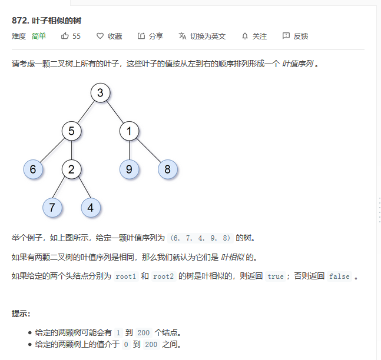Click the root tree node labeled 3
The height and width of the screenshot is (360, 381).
point(101,93)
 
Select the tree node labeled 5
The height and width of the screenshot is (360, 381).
point(71,131)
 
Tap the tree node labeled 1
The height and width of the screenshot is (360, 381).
point(129,131)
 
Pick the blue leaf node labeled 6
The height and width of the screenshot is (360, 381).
point(33,169)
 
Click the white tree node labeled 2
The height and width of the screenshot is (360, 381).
point(71,169)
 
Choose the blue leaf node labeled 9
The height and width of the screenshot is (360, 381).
point(129,169)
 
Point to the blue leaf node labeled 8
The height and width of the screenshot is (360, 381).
point(167,169)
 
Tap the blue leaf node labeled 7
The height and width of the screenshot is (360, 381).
point(52,207)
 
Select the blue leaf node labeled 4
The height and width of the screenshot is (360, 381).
point(91,207)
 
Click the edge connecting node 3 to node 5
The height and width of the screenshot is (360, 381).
point(86,112)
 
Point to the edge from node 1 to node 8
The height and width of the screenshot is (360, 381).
point(148,151)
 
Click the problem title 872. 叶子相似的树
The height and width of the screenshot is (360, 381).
point(47,21)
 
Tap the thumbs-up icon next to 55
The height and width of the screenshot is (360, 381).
point(65,36)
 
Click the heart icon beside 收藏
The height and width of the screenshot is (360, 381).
point(100,36)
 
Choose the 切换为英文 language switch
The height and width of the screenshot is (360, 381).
point(202,36)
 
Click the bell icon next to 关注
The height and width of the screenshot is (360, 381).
point(245,36)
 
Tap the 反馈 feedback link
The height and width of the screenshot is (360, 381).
point(295,36)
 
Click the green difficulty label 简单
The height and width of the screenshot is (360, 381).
point(39,36)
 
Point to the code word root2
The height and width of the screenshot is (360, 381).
point(163,276)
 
